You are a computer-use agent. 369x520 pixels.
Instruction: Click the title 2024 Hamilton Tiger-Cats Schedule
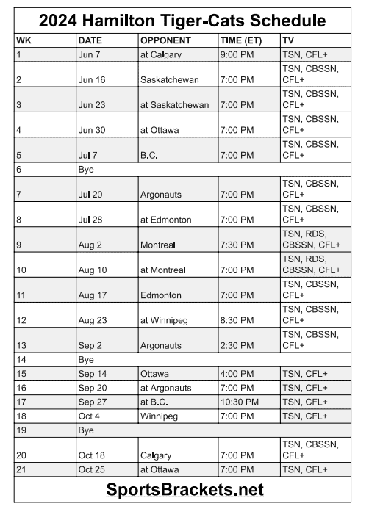[184, 19]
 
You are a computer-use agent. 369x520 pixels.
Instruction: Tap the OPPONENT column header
[165, 40]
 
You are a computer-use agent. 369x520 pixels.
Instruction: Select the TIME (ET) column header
[243, 40]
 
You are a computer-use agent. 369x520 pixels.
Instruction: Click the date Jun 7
[89, 55]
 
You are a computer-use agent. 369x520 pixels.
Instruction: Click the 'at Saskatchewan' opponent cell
[174, 105]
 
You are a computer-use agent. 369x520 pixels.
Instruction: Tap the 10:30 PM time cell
[239, 402]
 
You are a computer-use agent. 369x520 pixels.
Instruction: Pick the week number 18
[21, 416]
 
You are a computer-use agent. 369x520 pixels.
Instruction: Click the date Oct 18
[91, 455]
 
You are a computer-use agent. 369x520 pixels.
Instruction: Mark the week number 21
[21, 469]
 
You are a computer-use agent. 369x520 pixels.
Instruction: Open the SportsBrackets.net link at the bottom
[184, 489]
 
